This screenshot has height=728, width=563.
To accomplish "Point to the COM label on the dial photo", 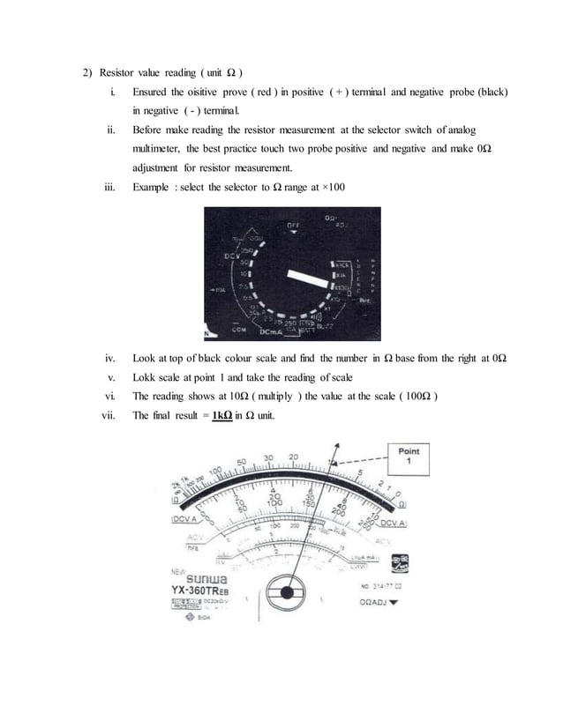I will pyautogui.click(x=237, y=330).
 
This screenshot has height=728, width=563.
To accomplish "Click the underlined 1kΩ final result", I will pyautogui.click(x=221, y=416).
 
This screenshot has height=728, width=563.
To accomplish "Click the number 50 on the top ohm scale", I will pyautogui.click(x=241, y=463).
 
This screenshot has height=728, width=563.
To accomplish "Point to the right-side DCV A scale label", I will pyautogui.click(x=389, y=524).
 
